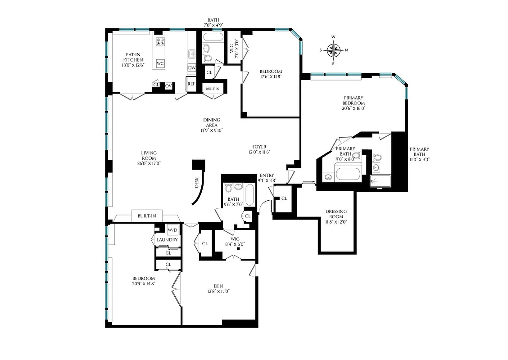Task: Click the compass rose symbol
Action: pos(334,50)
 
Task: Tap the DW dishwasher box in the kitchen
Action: pos(192,68)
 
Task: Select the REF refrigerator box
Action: pos(191,84)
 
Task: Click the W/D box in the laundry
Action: pos(172,230)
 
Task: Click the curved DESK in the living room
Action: pos(197,183)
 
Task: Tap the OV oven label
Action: pos(168,85)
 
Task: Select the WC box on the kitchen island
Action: pos(160,64)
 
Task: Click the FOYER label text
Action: pos(259,147)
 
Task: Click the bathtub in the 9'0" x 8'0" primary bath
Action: pos(348,174)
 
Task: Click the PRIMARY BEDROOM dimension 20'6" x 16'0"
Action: pos(354,108)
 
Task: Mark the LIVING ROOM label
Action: pos(148,156)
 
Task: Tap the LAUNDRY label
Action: pos(167,240)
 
